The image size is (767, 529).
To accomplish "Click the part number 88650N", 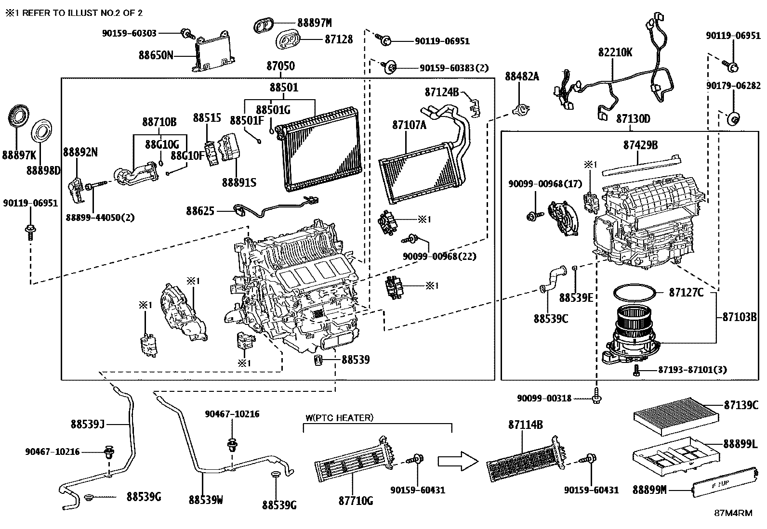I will (x=156, y=55).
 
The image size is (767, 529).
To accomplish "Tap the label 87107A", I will (x=409, y=125).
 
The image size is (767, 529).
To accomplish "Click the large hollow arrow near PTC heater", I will (x=458, y=461).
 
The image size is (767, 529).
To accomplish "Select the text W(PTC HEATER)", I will (x=339, y=418).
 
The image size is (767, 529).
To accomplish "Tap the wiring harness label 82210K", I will (x=615, y=52).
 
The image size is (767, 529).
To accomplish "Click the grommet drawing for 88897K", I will (x=18, y=118).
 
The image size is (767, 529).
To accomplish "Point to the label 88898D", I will (x=43, y=170).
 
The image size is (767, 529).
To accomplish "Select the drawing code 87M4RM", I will (x=733, y=513).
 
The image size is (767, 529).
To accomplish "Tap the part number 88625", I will (x=201, y=210).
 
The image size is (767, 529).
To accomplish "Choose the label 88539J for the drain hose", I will (x=87, y=424).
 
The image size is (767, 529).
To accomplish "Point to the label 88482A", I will (x=522, y=76).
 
